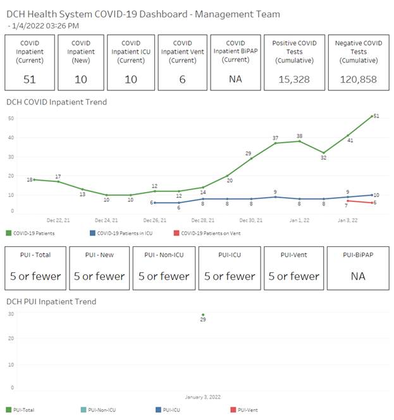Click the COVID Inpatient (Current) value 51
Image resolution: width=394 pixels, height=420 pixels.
coord(30,79)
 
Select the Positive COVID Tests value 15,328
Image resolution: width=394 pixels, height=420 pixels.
coord(294,79)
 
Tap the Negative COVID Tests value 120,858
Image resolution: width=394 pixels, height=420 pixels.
coord(359,79)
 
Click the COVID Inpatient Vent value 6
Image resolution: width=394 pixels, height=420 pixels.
coord(183,79)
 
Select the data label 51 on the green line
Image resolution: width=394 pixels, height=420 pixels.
coord(376,116)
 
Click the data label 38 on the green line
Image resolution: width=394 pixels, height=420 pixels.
coord(300,136)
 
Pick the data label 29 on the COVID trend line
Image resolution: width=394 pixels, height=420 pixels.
coord(249,153)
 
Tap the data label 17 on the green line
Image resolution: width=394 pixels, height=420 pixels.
coord(58,176)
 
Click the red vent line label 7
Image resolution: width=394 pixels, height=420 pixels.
coord(346,206)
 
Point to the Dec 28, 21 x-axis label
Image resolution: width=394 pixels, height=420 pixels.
coord(203,220)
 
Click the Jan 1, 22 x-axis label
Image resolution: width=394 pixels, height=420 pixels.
coord(299,220)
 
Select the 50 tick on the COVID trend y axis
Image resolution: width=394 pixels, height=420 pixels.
coord(11,118)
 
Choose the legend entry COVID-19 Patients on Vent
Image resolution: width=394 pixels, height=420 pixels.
coord(211,234)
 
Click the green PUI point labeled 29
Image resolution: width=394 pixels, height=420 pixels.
coord(203,315)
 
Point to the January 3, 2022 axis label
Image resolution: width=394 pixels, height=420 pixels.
coord(203,397)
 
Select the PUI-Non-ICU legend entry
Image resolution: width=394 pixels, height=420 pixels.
coord(102,410)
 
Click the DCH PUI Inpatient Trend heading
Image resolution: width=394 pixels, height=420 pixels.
coord(51,301)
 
